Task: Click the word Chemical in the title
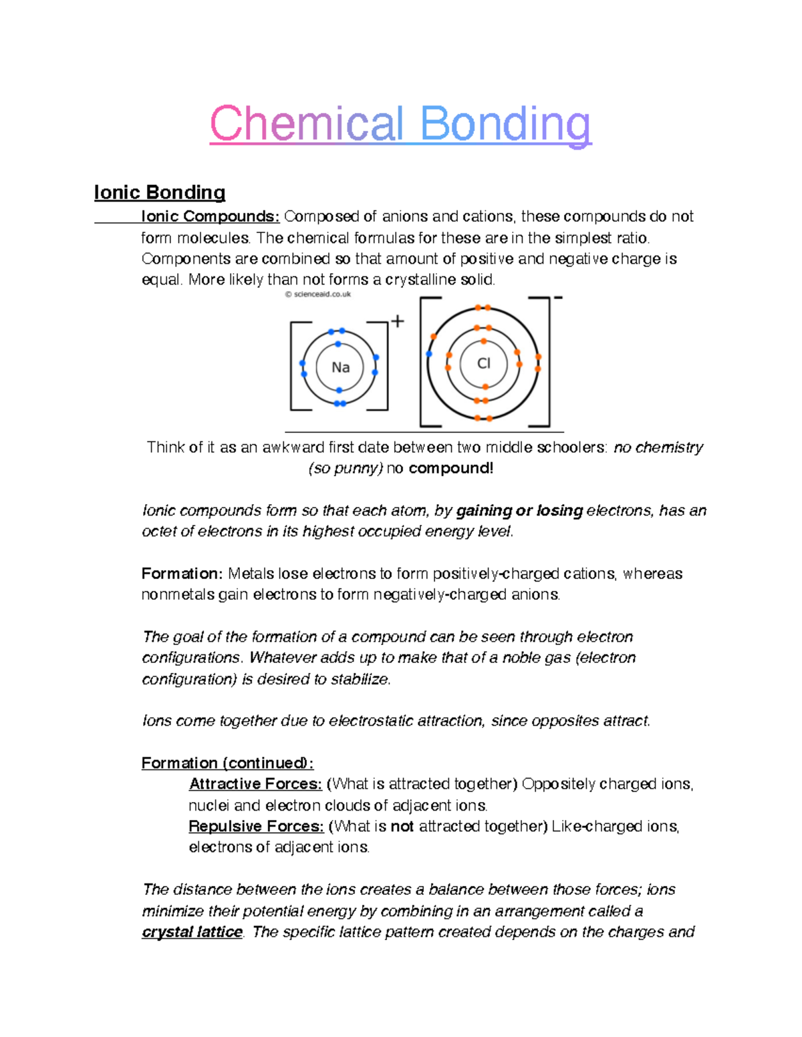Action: click(x=307, y=124)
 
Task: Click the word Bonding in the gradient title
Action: click(x=505, y=124)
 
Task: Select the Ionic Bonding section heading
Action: click(x=160, y=193)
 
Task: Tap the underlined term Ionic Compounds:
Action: click(x=210, y=216)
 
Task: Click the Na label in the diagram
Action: click(x=341, y=367)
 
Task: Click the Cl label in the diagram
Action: click(x=483, y=363)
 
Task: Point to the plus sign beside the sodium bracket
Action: click(x=398, y=321)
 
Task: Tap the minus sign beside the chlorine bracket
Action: click(x=558, y=297)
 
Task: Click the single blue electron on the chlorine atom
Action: click(x=429, y=354)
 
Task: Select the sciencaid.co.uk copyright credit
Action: click(x=318, y=294)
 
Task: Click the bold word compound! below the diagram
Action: click(x=451, y=468)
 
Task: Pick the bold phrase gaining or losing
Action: click(x=520, y=511)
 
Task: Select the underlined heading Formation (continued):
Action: click(x=227, y=763)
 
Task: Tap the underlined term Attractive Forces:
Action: click(x=255, y=784)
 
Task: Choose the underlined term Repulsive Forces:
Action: click(x=256, y=826)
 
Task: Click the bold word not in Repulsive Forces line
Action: click(x=402, y=826)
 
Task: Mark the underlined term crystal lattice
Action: click(x=192, y=932)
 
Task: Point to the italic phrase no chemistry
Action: click(x=658, y=447)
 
